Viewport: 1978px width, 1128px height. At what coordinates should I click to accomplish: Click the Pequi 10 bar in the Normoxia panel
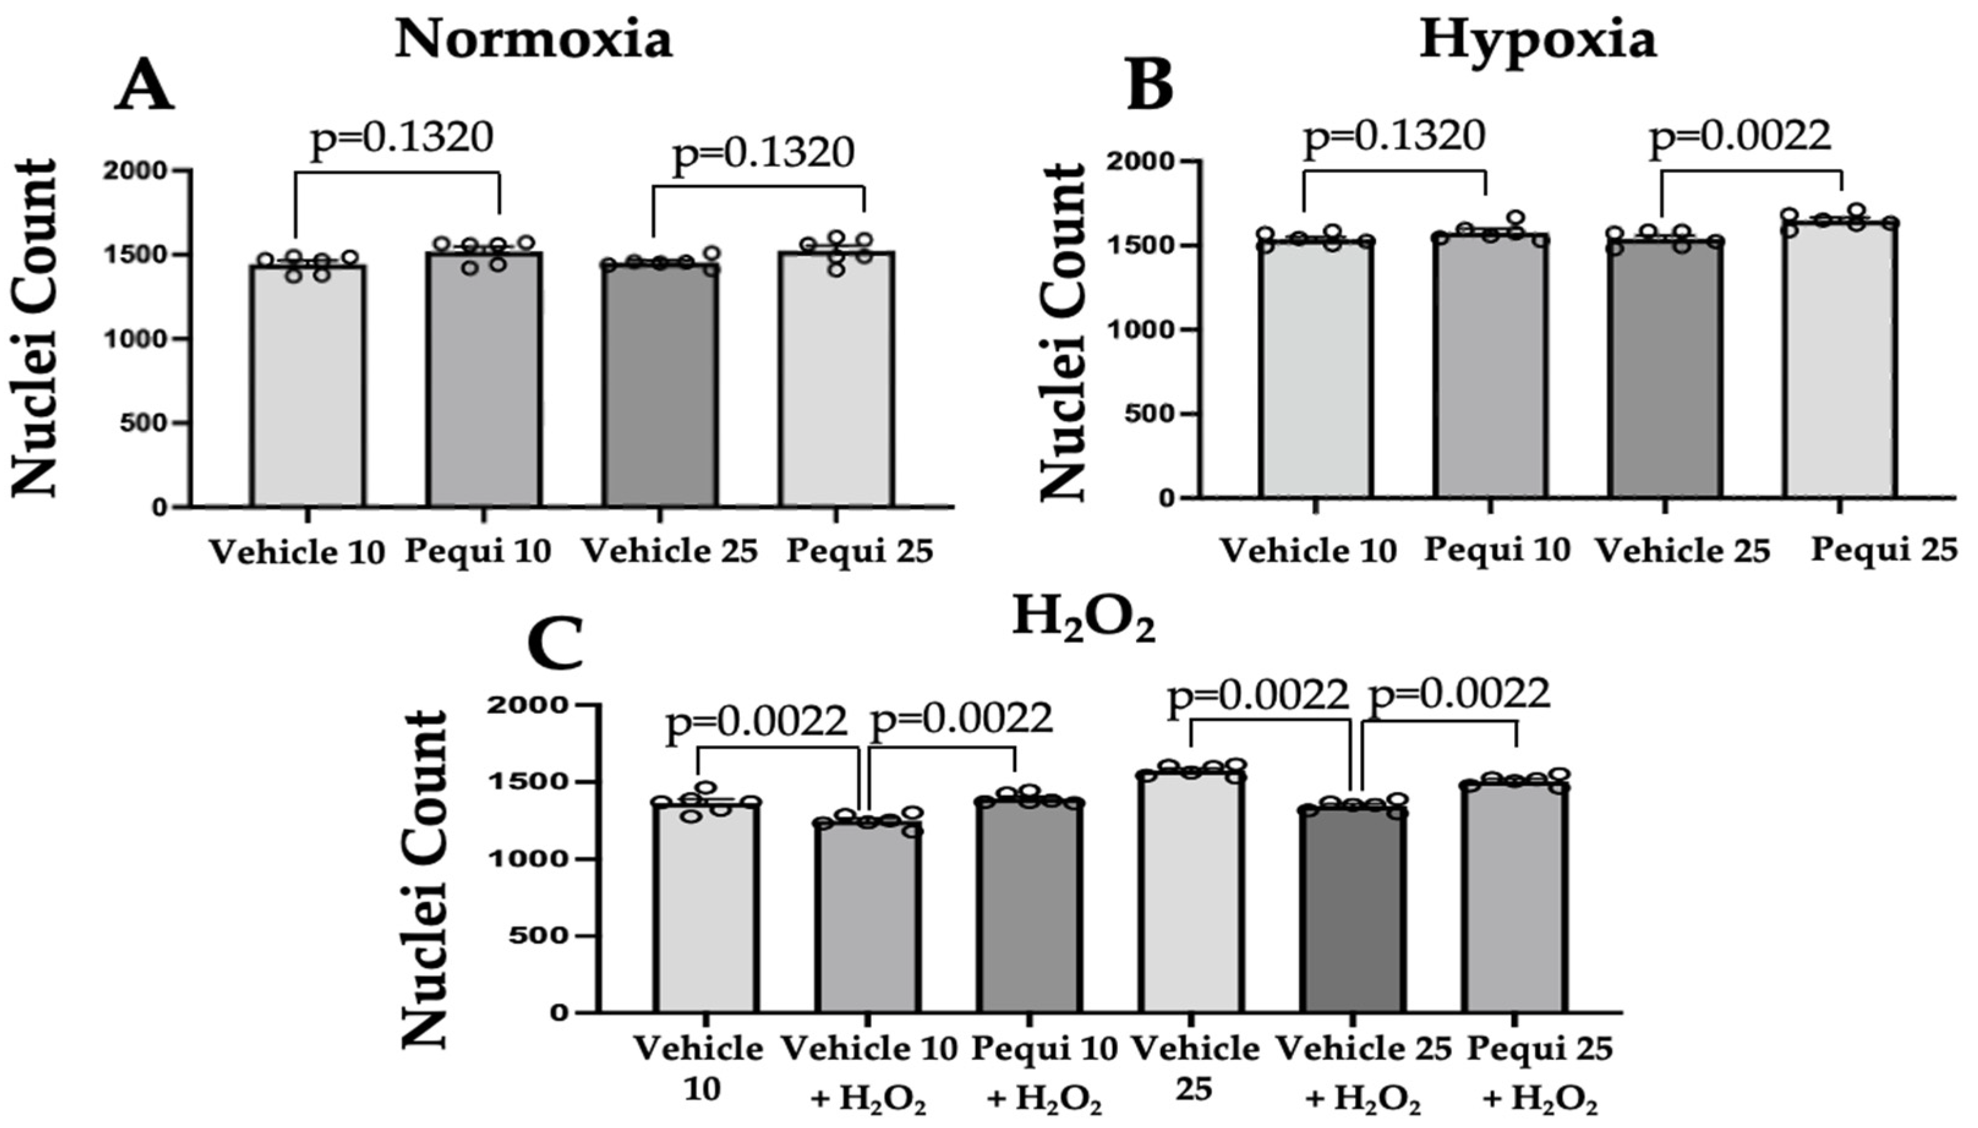pos(483,380)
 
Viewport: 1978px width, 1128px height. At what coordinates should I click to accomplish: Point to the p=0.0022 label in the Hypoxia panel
pos(1740,137)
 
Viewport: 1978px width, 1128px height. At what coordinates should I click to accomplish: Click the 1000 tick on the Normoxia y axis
pos(146,338)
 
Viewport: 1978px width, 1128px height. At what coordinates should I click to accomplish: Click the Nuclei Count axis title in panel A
pos(35,328)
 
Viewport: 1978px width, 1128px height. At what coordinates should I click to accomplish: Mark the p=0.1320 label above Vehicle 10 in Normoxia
pos(401,138)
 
